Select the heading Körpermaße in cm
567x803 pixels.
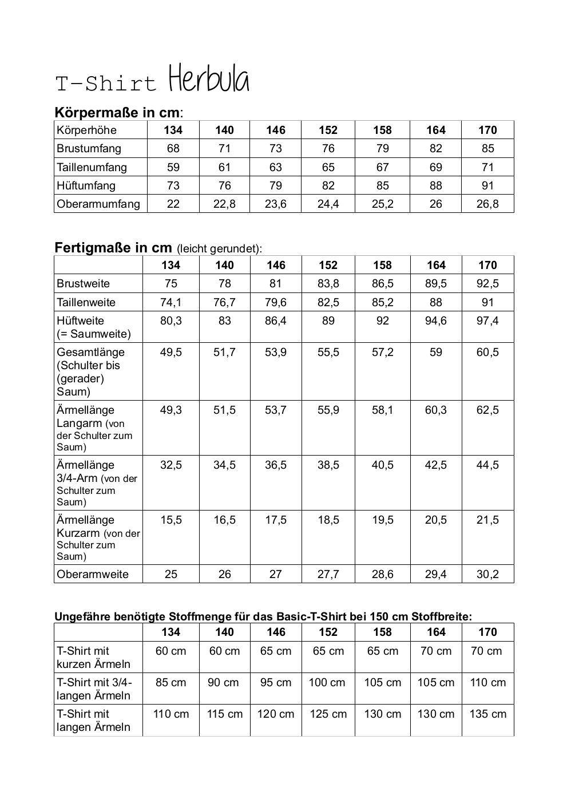click(x=117, y=112)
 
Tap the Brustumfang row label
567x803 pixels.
click(x=89, y=149)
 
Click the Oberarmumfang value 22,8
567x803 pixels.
click(x=224, y=204)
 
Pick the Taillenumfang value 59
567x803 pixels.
click(x=173, y=167)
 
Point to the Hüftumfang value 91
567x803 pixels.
click(x=487, y=185)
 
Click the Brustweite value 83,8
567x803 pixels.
click(x=328, y=283)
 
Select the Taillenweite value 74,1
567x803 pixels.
click(x=171, y=302)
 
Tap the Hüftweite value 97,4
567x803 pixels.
click(x=487, y=321)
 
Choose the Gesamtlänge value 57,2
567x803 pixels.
click(x=382, y=352)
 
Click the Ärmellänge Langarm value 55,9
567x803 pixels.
click(x=328, y=410)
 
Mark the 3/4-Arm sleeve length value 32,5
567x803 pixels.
click(x=171, y=465)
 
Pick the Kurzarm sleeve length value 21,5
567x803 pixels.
click(x=487, y=520)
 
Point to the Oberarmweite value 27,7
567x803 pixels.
click(x=328, y=574)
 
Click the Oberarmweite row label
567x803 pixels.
click(x=93, y=574)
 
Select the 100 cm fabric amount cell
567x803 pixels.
click(x=327, y=682)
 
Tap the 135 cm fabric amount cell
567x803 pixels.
click(x=487, y=714)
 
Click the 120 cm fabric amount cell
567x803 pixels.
click(x=275, y=714)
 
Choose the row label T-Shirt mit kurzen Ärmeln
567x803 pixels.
click(x=93, y=657)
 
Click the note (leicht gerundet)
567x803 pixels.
click(x=219, y=249)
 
